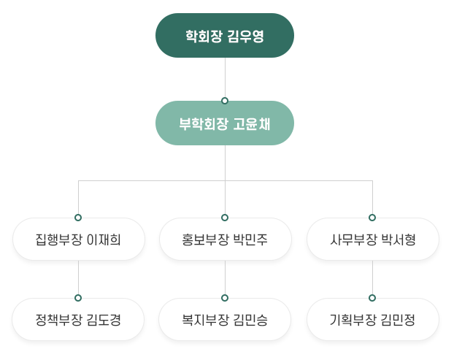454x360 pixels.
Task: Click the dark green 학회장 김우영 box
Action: pos(225,35)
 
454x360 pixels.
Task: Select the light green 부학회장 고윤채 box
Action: pos(225,123)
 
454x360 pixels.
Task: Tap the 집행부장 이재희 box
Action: pos(79,240)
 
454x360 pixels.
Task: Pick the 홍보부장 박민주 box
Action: pos(225,240)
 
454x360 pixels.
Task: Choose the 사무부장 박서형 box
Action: pos(373,240)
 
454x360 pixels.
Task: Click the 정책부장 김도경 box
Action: pos(78,319)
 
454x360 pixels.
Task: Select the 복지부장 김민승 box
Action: pos(225,319)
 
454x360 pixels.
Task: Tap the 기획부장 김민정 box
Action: pos(373,319)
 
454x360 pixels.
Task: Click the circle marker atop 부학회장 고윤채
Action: pos(225,101)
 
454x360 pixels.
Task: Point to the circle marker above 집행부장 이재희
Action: pos(78,218)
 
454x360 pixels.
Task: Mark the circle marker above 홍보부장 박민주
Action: pos(225,218)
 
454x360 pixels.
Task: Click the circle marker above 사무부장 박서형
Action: pos(372,218)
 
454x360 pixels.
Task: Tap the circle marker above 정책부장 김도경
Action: pos(78,298)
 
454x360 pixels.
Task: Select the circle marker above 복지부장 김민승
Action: pos(225,298)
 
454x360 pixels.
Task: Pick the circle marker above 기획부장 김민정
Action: pos(372,298)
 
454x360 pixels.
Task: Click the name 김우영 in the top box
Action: pos(245,37)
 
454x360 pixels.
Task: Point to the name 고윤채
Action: pos(252,124)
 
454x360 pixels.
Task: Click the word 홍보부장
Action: pos(205,240)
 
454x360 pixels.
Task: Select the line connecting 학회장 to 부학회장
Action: pos(225,77)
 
